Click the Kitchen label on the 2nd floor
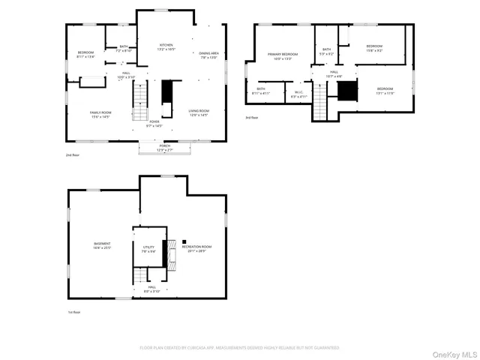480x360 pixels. coord(166,47)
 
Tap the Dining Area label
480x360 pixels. coord(208,55)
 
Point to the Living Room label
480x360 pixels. coord(199,112)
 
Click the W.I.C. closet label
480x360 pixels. coord(298,94)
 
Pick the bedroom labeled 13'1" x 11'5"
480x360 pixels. coord(385,91)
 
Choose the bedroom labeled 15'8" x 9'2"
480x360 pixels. coord(374,48)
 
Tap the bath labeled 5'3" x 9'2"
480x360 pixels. coord(327,52)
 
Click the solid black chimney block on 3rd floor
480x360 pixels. coord(346,91)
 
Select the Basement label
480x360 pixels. coord(102,245)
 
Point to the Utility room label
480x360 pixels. coord(148,248)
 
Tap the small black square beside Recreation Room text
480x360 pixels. coord(184,241)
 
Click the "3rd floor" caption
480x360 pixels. coord(251,118)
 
